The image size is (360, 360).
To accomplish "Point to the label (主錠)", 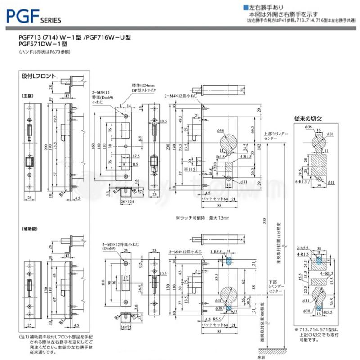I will [29, 96].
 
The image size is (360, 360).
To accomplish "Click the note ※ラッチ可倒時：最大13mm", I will [202, 218].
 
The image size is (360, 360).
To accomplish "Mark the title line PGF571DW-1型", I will [43, 44].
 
